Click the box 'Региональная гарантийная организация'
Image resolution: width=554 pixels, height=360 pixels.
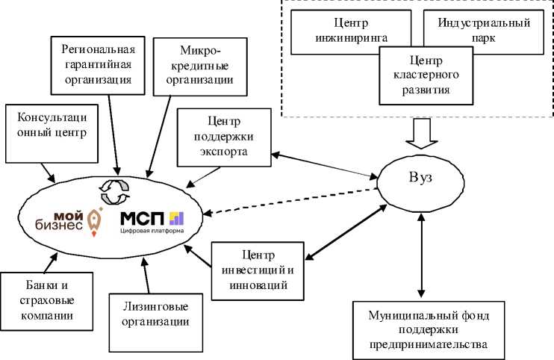click(98, 65)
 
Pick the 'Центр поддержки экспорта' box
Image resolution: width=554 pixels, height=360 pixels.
click(223, 135)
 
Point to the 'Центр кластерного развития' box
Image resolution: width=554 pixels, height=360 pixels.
click(425, 75)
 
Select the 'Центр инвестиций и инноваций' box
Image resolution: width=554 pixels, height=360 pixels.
click(259, 268)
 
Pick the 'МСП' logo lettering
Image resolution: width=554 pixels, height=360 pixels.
click(143, 217)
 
